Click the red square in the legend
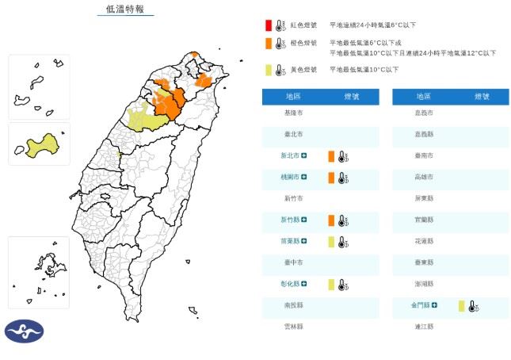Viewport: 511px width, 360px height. [269, 25]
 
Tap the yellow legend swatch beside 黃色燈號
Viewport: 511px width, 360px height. [269, 70]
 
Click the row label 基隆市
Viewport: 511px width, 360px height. [293, 113]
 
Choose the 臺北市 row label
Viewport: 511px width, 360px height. [293, 134]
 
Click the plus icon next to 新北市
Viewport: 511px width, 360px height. [315, 155]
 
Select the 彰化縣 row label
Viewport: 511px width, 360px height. [293, 284]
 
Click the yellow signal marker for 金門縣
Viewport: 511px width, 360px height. [461, 304]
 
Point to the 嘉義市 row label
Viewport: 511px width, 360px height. [424, 113]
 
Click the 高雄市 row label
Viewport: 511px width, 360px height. [424, 177]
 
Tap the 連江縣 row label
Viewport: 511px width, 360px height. [424, 326]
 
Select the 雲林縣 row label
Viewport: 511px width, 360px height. [293, 326]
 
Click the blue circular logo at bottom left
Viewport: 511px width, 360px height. [25, 331]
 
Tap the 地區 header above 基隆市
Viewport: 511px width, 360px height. [293, 96]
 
